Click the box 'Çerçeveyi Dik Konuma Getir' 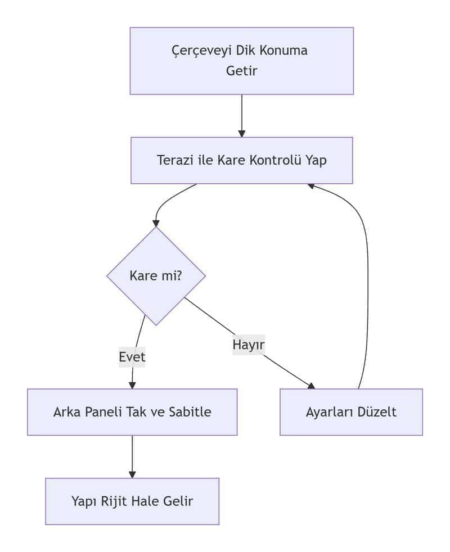[241, 61]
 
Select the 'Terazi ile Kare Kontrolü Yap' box [241, 160]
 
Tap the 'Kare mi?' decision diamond [156, 276]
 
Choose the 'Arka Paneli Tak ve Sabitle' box [132, 412]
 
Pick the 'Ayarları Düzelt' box [351, 412]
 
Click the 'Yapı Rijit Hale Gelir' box [132, 501]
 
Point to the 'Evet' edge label [132, 357]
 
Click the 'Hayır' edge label [249, 344]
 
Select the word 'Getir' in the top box [241, 71]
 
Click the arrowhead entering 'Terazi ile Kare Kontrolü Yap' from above [242, 134]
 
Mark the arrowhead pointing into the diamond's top [156, 223]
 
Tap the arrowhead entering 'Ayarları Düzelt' [311, 385]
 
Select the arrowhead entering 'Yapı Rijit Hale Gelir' [132, 474]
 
